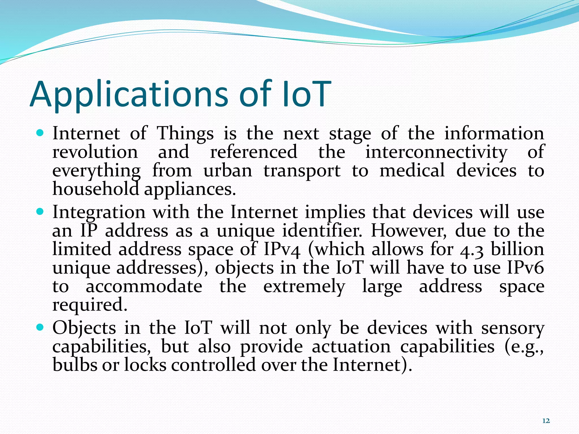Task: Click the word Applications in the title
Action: point(129,95)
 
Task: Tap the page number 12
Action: point(546,421)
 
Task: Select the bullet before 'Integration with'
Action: point(40,211)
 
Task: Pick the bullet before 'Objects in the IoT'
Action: point(40,327)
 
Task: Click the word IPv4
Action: point(282,249)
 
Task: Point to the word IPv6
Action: point(525,268)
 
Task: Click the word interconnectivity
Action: point(436,152)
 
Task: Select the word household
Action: point(96,189)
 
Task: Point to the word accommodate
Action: point(144,287)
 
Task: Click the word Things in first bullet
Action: point(185,133)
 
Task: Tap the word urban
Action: point(228,171)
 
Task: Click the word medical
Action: point(412,171)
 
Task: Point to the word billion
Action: point(517,249)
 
